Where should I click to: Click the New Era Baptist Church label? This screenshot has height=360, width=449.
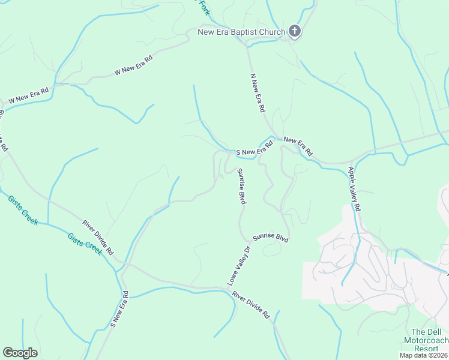tap(241, 31)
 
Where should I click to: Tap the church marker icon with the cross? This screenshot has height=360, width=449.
tap(294, 31)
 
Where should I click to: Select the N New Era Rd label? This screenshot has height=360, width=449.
tap(258, 92)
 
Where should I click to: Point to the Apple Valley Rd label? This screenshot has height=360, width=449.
tap(354, 189)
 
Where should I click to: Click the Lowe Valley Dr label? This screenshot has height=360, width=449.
tap(238, 265)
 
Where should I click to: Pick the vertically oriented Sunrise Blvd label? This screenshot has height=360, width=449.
tap(242, 187)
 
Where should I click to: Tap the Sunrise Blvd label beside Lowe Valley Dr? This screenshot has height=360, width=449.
tap(271, 238)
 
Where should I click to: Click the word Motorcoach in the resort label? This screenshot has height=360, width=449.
tap(426, 340)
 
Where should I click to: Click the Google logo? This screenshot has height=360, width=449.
tap(20, 353)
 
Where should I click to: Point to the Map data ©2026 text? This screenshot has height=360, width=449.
tap(423, 355)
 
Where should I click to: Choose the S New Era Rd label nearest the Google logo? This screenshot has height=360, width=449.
tap(119, 309)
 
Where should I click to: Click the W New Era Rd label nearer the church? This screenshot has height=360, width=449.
tap(134, 65)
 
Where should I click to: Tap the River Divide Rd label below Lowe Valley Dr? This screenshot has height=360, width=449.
tap(252, 305)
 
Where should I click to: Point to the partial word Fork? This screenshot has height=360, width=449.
tap(204, 8)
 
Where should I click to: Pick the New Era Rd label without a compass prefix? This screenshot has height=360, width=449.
tap(298, 146)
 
